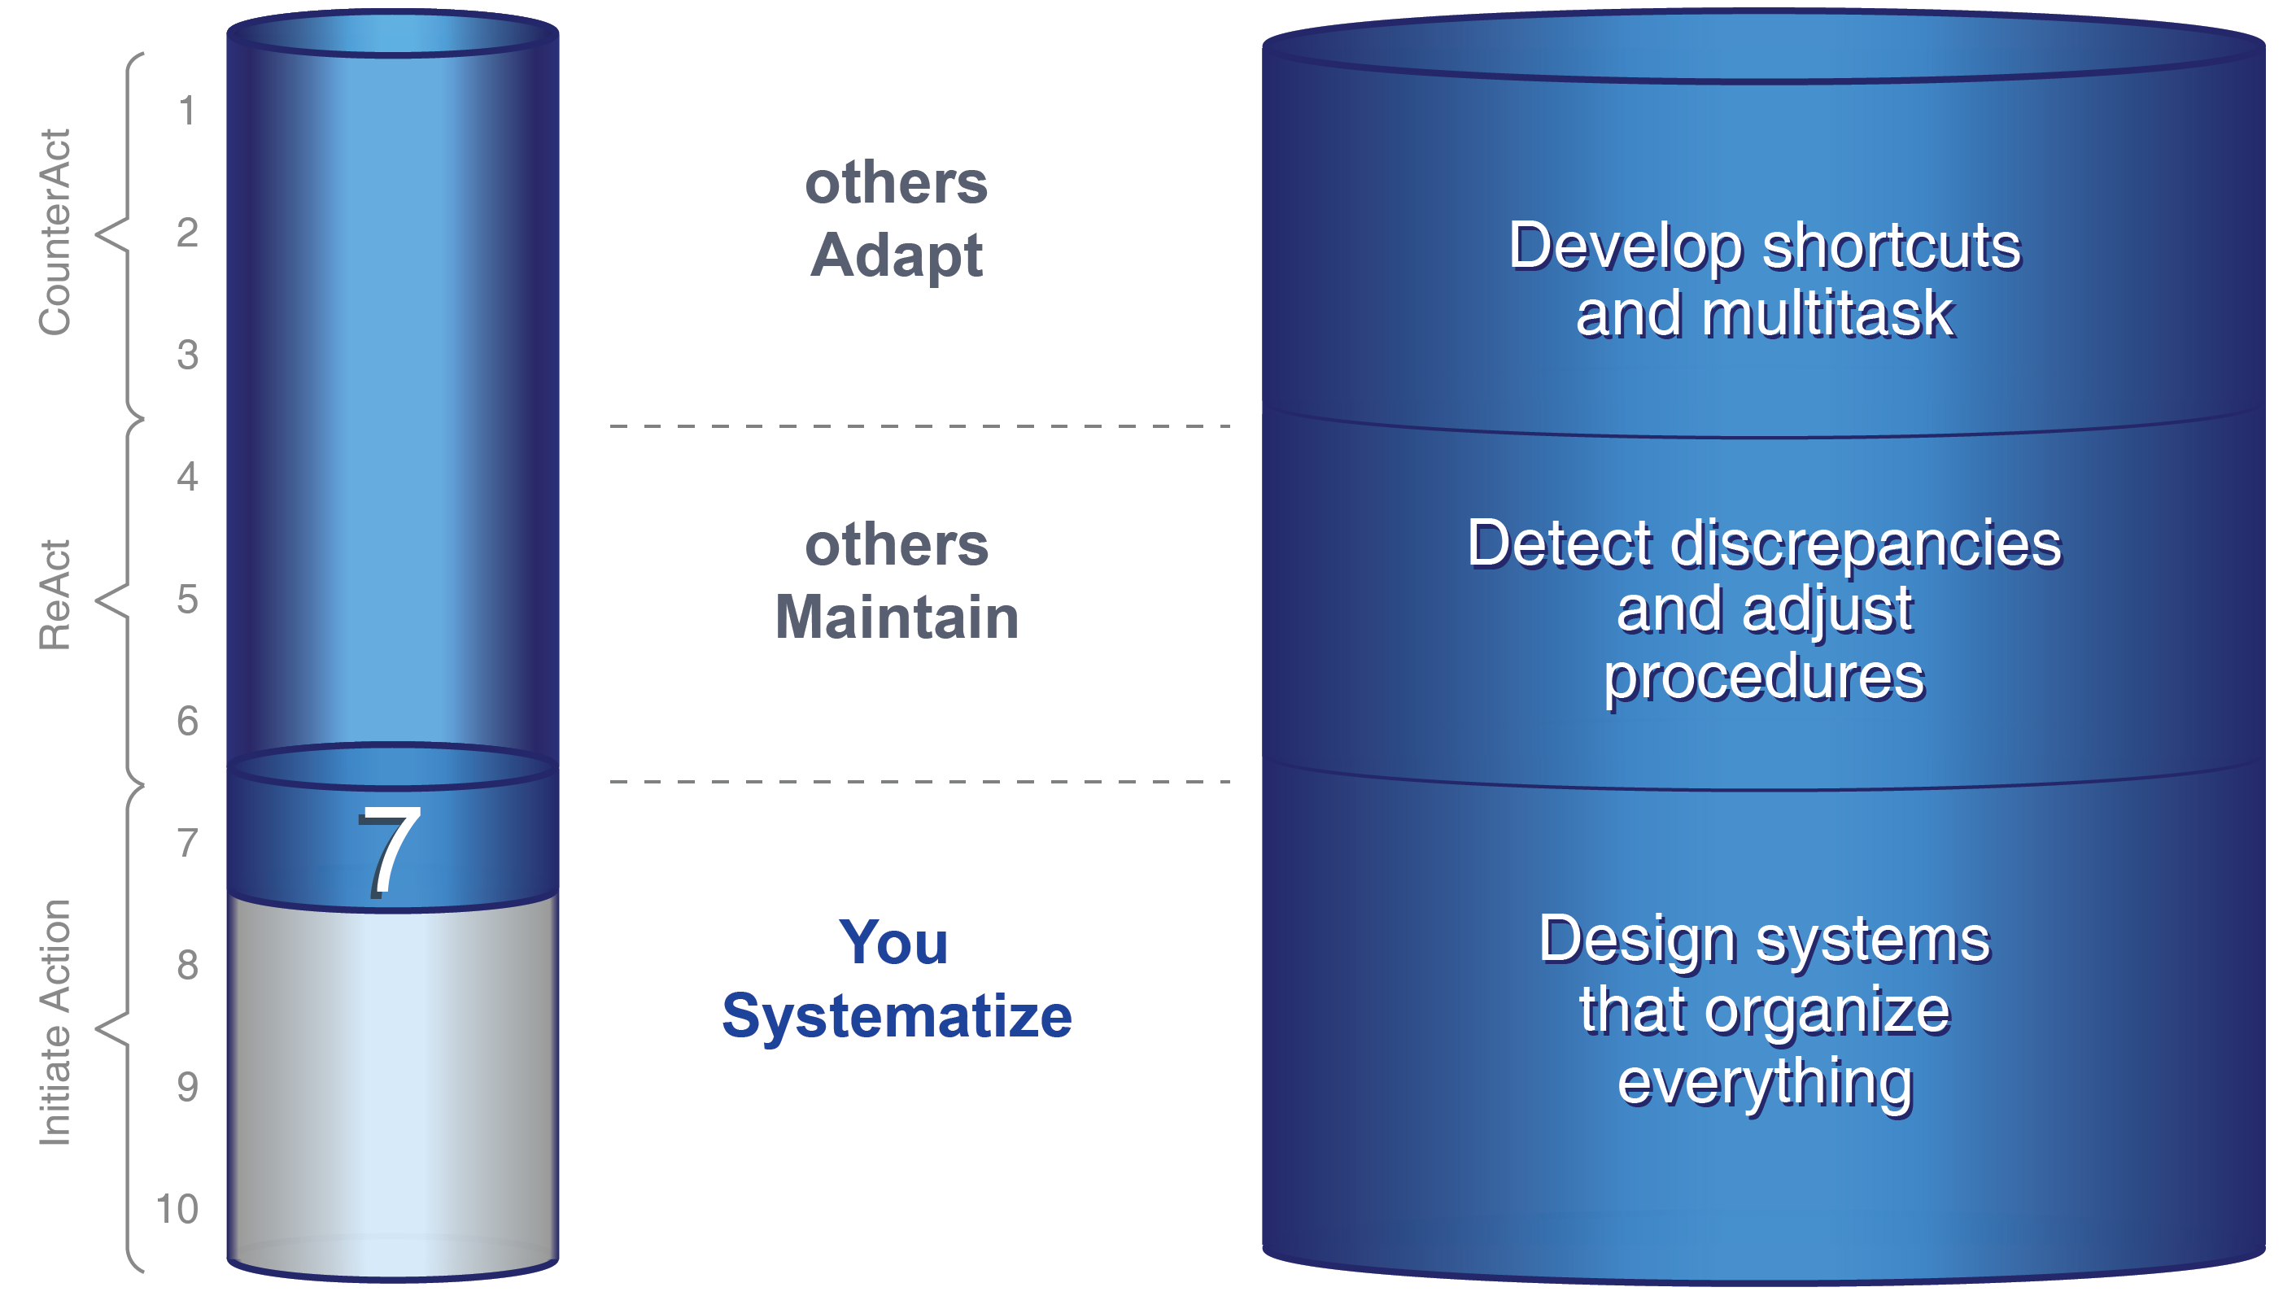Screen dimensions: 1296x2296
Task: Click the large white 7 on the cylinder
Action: coord(389,851)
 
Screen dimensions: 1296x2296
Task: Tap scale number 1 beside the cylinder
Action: coord(186,111)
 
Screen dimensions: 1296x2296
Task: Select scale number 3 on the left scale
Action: coord(187,355)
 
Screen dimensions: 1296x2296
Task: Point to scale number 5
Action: coord(187,599)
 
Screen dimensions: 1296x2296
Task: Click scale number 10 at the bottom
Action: coord(177,1209)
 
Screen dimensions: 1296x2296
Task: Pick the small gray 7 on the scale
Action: coord(187,843)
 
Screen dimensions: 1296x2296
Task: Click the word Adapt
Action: coord(896,255)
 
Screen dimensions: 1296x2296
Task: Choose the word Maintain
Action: coord(897,617)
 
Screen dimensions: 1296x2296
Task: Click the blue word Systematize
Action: coord(897,1016)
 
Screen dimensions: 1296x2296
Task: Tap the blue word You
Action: coord(893,942)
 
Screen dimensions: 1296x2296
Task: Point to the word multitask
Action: coord(1827,314)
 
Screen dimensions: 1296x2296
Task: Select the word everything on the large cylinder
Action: coord(1765,1082)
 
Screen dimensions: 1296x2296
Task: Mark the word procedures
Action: coord(1765,678)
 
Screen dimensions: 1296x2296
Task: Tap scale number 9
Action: coord(187,1087)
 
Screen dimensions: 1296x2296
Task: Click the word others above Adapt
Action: coord(896,183)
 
